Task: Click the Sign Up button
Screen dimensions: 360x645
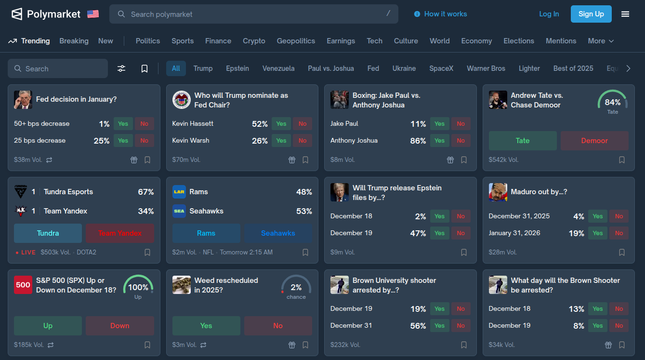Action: coord(591,14)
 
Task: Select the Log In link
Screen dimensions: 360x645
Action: coord(549,14)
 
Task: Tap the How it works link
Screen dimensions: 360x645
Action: coord(440,14)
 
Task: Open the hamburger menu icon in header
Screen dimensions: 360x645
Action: coord(625,14)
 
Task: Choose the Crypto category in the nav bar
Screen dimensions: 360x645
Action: coord(254,41)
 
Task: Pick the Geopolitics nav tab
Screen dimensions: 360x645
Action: coord(296,41)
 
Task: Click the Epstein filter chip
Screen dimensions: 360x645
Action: coord(237,68)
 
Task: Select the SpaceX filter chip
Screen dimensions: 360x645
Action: coord(441,68)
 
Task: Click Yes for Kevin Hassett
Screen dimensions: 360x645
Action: coord(281,124)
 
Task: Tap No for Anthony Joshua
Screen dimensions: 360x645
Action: coord(461,141)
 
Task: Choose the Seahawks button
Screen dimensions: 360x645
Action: coord(278,233)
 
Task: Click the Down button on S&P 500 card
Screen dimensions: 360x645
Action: coord(120,326)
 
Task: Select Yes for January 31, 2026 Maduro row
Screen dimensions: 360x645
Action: coord(598,233)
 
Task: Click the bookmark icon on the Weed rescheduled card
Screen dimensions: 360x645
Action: coord(305,345)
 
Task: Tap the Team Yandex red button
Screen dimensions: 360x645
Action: coord(120,233)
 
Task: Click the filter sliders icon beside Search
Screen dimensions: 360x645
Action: coord(121,68)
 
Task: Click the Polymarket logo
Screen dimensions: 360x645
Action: coord(46,14)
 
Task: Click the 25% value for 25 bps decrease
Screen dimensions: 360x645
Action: coord(102,141)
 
